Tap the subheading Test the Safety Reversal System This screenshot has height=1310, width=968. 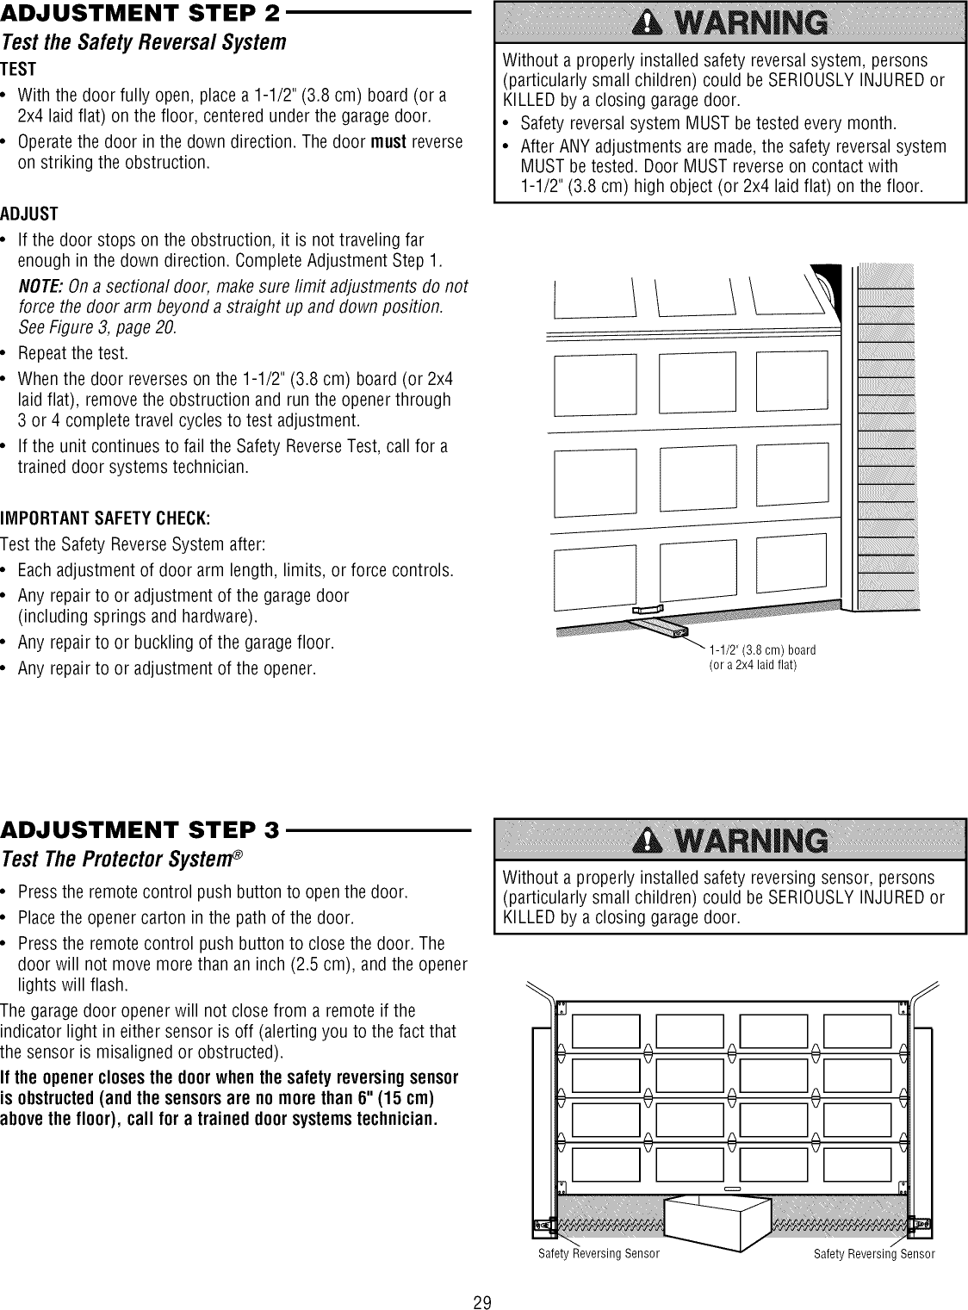tap(143, 42)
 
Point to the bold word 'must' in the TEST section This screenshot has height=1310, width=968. tap(388, 141)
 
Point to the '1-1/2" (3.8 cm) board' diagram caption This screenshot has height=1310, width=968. tap(762, 649)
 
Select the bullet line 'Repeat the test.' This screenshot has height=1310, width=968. tap(73, 354)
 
